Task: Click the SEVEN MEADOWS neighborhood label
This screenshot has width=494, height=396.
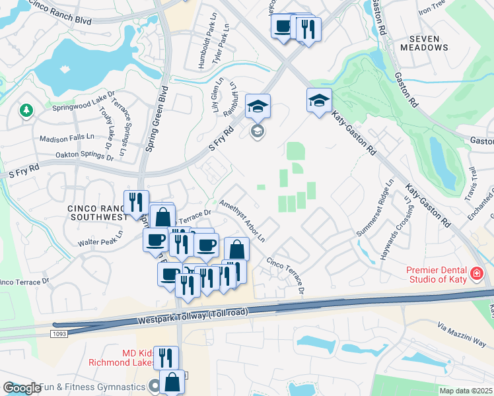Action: pos(424,43)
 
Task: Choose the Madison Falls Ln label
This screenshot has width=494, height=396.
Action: pos(67,139)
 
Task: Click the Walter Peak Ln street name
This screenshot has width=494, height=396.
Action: pos(100,232)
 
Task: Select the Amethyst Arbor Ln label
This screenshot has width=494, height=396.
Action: pos(242,220)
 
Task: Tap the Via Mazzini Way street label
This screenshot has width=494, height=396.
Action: pos(462,335)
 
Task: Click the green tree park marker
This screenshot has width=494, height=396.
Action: pos(26,110)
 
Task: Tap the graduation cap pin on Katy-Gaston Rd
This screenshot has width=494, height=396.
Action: pos(319,100)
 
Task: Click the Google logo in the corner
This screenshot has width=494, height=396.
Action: pos(21,388)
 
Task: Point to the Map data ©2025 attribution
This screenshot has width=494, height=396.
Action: pos(466,391)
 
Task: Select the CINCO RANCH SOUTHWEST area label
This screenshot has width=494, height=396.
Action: pos(97,213)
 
